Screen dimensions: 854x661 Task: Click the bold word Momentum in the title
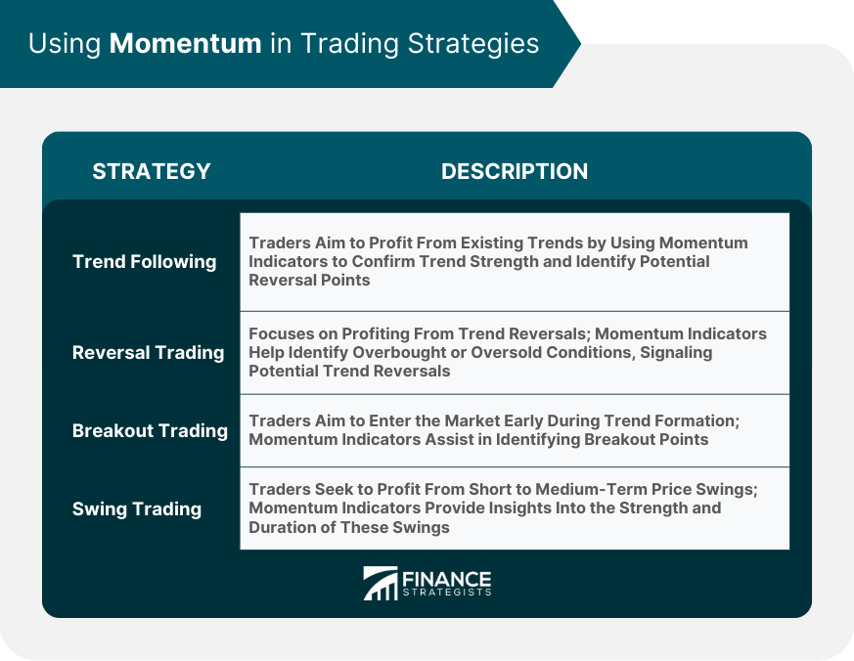(185, 43)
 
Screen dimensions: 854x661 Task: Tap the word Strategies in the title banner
(473, 45)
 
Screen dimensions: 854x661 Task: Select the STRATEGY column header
(152, 171)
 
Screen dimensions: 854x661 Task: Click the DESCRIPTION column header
(515, 171)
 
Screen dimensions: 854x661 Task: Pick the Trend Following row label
(145, 262)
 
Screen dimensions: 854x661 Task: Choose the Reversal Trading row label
(148, 353)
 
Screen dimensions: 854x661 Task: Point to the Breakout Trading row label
(150, 430)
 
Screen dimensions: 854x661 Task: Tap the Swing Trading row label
(137, 509)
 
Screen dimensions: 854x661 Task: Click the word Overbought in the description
(401, 353)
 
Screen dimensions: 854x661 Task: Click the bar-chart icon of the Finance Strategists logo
(381, 583)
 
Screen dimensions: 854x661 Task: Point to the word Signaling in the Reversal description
(676, 353)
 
